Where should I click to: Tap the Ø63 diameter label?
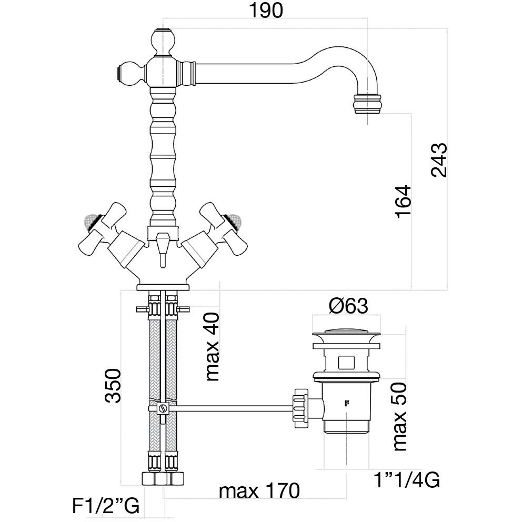[x=346, y=306]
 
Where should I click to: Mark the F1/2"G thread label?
[x=105, y=507]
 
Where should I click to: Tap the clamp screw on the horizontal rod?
[x=163, y=408]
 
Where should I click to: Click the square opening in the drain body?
[x=346, y=362]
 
